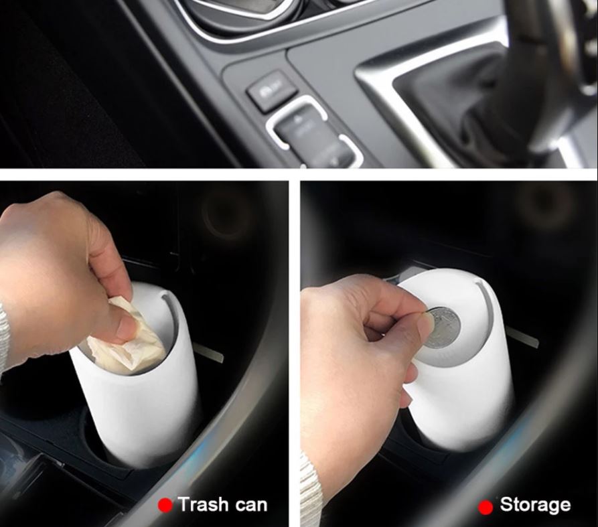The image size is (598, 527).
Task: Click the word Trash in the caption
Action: pos(203,504)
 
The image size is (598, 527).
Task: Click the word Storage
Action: pos(535,505)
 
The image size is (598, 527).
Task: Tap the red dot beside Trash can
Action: pos(165,506)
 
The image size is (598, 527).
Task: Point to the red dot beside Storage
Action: pos(485,507)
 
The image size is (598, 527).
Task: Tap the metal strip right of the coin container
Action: pos(522,338)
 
